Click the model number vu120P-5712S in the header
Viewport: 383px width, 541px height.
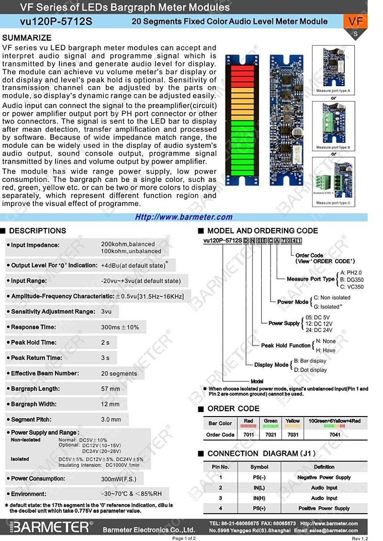click(x=56, y=22)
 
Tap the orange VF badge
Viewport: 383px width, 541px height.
click(x=355, y=22)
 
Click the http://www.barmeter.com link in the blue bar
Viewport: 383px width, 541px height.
click(x=184, y=217)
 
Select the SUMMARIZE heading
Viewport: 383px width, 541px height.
click(x=27, y=38)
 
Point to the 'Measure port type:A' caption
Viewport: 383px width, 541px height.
click(x=333, y=90)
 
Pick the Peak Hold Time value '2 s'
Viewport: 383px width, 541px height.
click(x=105, y=342)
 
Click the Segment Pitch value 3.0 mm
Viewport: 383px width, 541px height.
click(x=111, y=419)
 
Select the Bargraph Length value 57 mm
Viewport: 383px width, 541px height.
click(x=111, y=389)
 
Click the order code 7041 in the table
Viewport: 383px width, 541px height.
click(x=335, y=435)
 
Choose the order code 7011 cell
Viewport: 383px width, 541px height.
click(x=248, y=435)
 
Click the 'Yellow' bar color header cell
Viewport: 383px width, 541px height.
click(x=293, y=421)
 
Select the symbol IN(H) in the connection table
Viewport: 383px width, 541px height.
click(x=259, y=498)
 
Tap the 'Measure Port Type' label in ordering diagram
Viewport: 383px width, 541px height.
click(x=311, y=279)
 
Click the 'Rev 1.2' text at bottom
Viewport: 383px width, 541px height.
click(x=360, y=538)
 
